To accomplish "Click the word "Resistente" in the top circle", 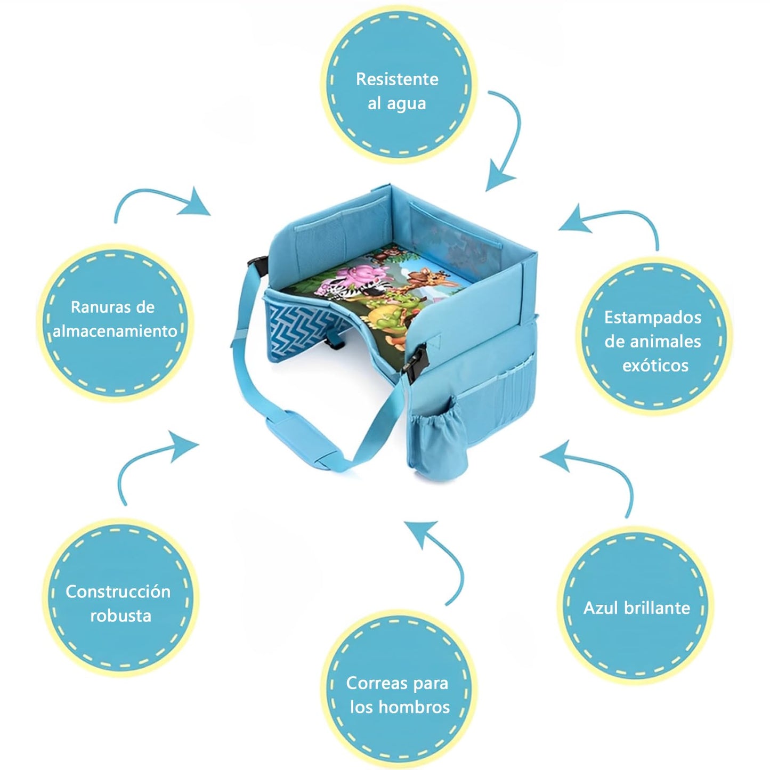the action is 397,79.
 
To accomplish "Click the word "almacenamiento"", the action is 115,331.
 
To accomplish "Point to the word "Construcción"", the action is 118,592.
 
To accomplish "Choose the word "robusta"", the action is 120,616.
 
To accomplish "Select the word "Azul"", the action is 599,608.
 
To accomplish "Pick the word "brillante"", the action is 656,608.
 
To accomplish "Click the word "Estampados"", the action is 653,318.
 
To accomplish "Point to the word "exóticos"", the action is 655,366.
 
